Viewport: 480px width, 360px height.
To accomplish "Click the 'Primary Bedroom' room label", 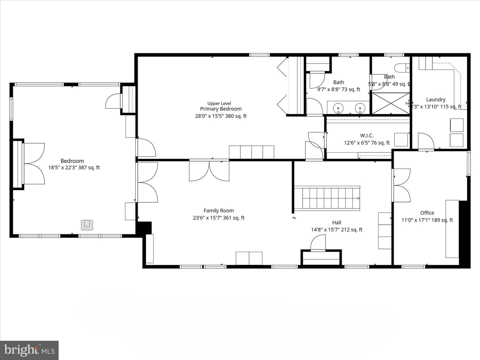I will (x=221, y=109).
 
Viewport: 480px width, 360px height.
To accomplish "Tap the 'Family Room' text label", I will (x=219, y=211).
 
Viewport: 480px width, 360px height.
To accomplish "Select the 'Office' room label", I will (x=427, y=213).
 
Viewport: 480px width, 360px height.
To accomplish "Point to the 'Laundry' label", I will (x=436, y=100).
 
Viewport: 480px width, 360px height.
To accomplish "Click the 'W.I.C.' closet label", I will (x=367, y=136).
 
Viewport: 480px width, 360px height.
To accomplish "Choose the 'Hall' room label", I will (x=337, y=223).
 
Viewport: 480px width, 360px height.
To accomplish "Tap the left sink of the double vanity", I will (x=339, y=108).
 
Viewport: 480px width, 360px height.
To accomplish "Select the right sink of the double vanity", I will (x=360, y=108).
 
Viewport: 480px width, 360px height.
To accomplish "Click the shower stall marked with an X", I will (x=390, y=104).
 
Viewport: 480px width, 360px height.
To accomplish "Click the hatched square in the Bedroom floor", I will (x=87, y=225).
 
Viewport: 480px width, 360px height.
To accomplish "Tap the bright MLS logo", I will (x=29, y=350).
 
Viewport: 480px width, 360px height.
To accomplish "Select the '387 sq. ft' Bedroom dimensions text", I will (x=74, y=168).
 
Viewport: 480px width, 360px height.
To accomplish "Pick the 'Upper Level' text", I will (x=219, y=103).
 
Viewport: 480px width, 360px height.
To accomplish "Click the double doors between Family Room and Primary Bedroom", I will (x=209, y=171).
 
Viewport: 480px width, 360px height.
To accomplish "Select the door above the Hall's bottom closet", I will (x=318, y=243).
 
